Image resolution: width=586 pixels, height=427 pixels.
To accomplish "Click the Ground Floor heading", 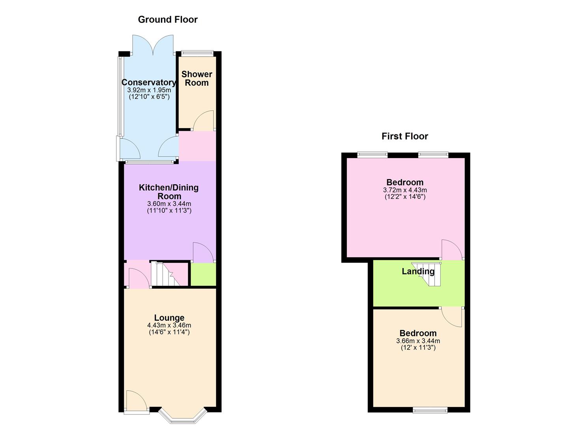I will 168,19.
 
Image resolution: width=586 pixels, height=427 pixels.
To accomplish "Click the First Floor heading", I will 404,136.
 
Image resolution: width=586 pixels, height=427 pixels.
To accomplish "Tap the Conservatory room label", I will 149,82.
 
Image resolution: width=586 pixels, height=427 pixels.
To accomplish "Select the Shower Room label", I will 197,78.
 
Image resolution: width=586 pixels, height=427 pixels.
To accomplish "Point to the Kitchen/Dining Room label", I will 168,192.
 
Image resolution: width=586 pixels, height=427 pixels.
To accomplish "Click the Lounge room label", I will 169,317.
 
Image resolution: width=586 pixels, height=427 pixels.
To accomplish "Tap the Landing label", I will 418,271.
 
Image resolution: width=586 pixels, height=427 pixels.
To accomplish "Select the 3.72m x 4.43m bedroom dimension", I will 405,190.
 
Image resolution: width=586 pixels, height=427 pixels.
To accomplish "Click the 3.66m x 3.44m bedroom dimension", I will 418,341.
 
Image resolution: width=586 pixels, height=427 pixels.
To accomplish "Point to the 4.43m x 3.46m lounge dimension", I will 169,325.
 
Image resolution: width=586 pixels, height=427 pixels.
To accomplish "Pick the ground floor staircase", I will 165,274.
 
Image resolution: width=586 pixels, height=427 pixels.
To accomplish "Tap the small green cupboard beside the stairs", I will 203,274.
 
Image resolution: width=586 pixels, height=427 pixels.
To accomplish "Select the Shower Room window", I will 197,52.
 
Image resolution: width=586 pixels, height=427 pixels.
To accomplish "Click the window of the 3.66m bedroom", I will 430,410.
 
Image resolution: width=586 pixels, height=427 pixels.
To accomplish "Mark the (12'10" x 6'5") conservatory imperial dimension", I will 149,96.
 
